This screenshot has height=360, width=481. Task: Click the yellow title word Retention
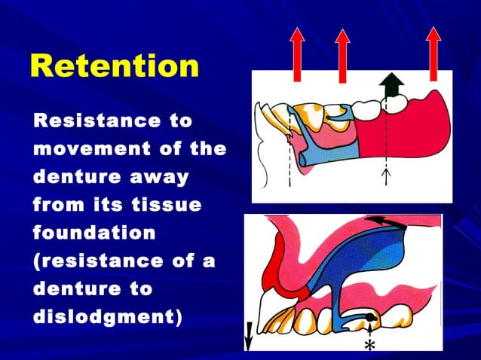tap(114, 67)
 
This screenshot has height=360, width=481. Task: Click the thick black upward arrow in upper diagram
tap(388, 86)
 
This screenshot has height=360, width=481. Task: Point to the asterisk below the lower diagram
tap(369, 345)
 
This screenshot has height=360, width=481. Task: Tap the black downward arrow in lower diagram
tap(249, 336)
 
